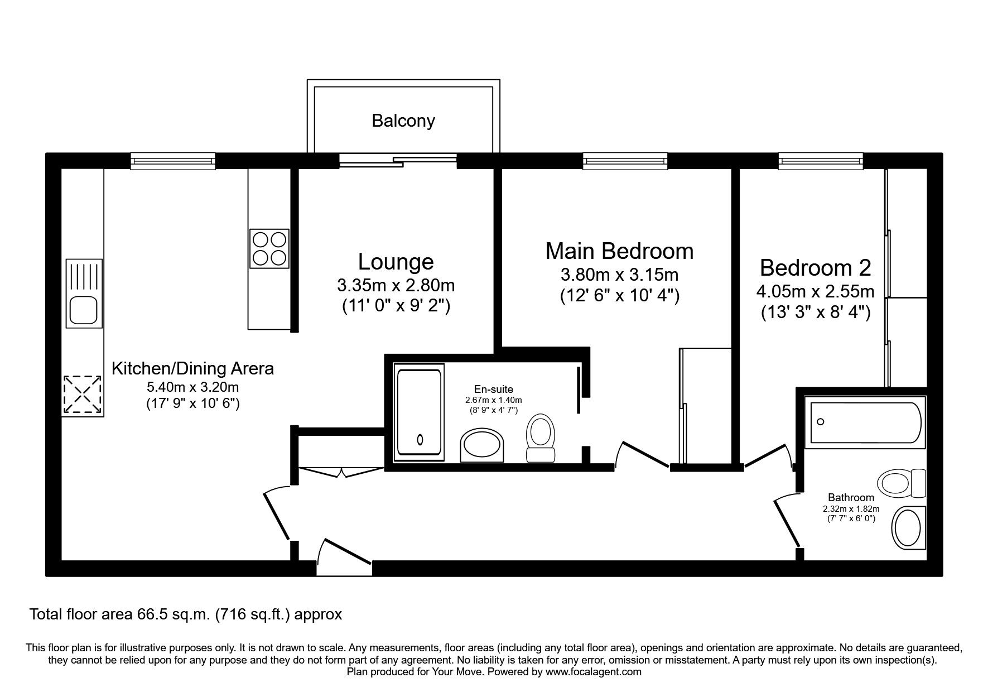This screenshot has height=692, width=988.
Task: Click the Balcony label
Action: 403,121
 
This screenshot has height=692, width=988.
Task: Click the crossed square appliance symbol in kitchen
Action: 83,395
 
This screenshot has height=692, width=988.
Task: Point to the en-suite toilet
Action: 541,438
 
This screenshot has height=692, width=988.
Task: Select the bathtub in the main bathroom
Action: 864,422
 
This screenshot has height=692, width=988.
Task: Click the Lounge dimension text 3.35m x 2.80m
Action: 396,286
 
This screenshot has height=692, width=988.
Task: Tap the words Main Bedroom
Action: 619,251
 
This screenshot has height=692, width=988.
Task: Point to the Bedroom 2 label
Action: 815,268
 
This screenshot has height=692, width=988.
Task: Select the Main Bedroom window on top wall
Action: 625,161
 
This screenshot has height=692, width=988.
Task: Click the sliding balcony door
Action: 398,161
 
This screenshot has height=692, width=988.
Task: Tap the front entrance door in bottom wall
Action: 344,556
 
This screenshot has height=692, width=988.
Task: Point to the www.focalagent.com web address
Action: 594,672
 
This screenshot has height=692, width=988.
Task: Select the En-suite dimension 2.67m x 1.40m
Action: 494,400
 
